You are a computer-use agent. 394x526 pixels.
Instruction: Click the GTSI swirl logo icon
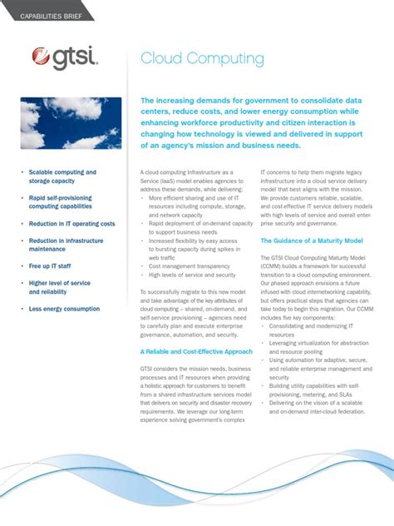[42, 57]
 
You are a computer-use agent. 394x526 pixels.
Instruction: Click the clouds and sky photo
[71, 123]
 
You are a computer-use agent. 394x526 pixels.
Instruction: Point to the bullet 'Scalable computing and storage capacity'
[62, 176]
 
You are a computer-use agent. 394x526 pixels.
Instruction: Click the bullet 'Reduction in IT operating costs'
[71, 224]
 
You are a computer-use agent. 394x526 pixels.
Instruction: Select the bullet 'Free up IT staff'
[50, 266]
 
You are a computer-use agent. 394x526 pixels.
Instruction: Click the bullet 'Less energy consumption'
[64, 309]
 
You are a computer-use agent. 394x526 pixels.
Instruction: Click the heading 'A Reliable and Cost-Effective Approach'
[195, 351]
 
